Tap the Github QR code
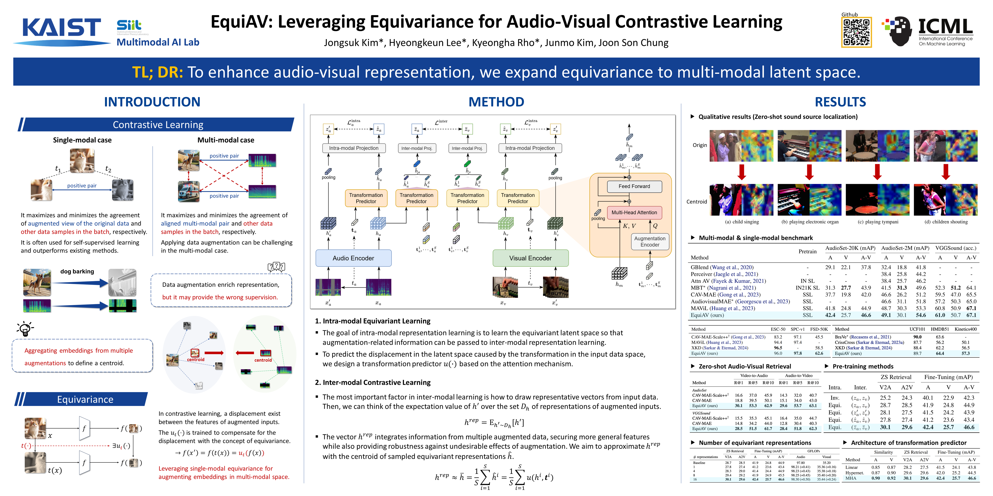[x=856, y=32]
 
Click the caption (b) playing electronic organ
[x=810, y=222]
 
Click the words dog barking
[x=77, y=271]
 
